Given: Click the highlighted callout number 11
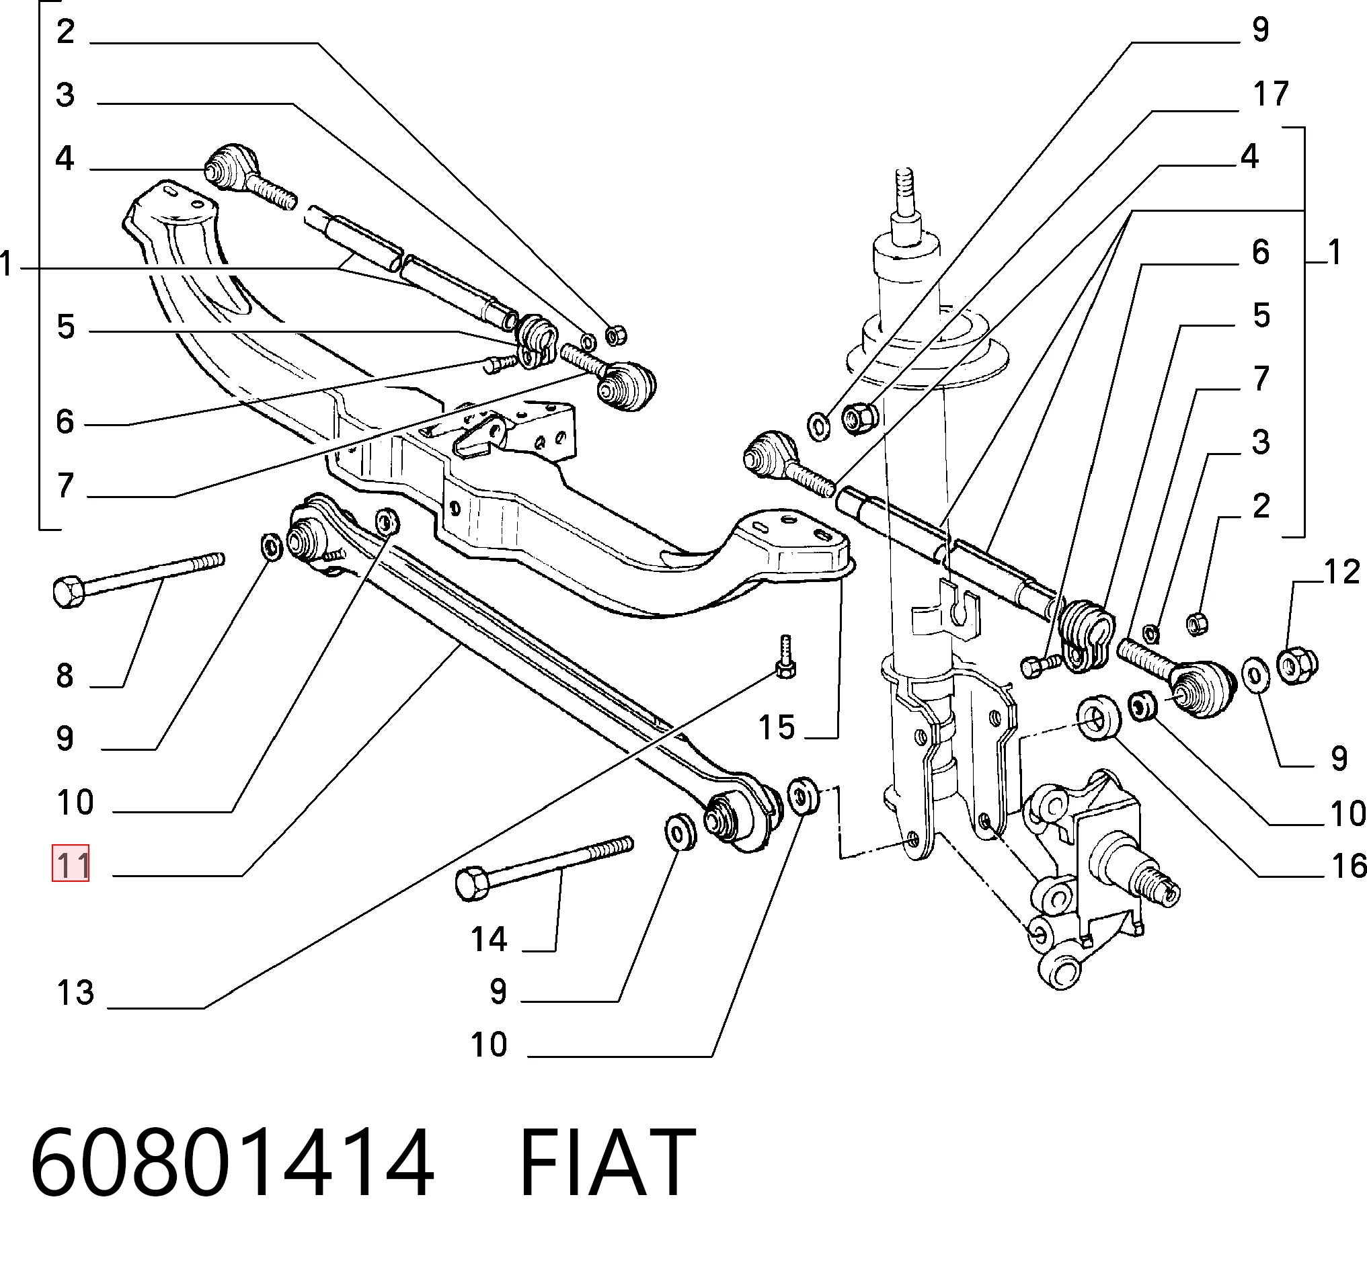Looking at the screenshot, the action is [x=71, y=864].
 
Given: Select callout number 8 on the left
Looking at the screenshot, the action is [x=65, y=676].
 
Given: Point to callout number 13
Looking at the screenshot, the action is [x=75, y=993].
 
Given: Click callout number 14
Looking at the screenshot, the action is [x=488, y=939].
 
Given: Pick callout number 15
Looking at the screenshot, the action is [x=776, y=727].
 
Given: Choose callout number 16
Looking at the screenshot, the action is [x=1348, y=866].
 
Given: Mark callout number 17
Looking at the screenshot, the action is [x=1271, y=93].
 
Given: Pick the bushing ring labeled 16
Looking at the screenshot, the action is [x=1099, y=719].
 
